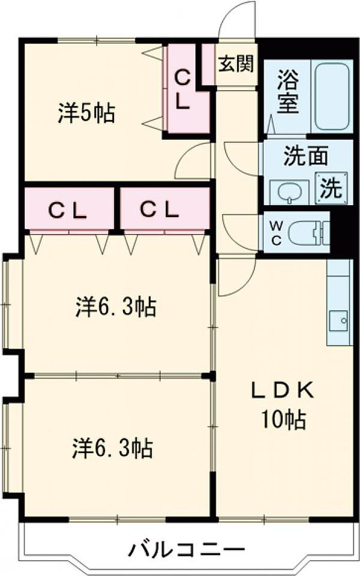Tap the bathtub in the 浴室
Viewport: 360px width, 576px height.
[333, 98]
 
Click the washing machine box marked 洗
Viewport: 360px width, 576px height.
[330, 189]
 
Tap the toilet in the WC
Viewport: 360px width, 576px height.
[307, 233]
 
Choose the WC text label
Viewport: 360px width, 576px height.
[276, 233]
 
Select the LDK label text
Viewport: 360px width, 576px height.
[281, 391]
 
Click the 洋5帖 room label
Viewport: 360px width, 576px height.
[86, 113]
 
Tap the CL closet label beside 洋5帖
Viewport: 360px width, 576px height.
[183, 90]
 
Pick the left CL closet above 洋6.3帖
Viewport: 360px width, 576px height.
[68, 209]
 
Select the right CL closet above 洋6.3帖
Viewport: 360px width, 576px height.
[160, 209]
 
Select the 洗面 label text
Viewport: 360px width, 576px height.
[305, 156]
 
